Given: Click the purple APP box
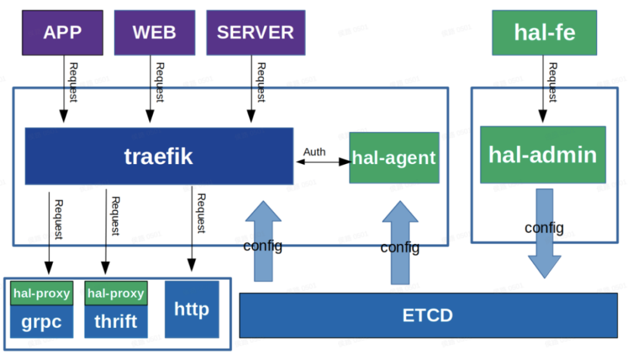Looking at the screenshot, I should pyautogui.click(x=62, y=32).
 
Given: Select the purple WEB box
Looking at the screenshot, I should pyautogui.click(x=154, y=32).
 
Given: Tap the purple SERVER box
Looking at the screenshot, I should pyautogui.click(x=256, y=32).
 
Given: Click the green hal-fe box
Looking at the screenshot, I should pyautogui.click(x=544, y=32).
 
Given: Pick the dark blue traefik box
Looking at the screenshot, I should pyautogui.click(x=159, y=156).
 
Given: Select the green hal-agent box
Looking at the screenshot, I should pyautogui.click(x=394, y=158).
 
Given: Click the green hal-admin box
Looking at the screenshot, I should pyautogui.click(x=543, y=155).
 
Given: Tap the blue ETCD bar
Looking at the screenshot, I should pyautogui.click(x=428, y=315).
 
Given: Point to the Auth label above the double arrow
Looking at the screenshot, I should pyautogui.click(x=314, y=152).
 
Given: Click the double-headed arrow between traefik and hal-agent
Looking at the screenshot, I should pyautogui.click(x=321, y=161).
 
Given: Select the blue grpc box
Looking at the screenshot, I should pyautogui.click(x=42, y=322).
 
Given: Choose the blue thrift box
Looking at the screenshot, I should pyautogui.click(x=115, y=322).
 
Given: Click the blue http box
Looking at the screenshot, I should pyautogui.click(x=192, y=309).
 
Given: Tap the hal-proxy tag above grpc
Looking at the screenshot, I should pyautogui.click(x=42, y=293).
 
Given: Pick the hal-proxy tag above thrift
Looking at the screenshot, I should pyautogui.click(x=115, y=293).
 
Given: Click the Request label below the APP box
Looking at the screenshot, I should pyautogui.click(x=73, y=82).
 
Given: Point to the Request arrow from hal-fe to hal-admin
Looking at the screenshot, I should pyautogui.click(x=543, y=88).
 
